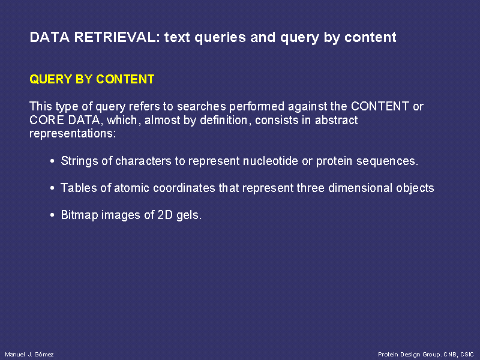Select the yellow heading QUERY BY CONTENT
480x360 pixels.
pos(92,79)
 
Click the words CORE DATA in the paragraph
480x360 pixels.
pos(65,119)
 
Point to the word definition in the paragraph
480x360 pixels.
pos(223,119)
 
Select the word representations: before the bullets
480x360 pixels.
pos(73,134)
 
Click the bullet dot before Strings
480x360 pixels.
pos(52,161)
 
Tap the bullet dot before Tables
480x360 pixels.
pos(52,188)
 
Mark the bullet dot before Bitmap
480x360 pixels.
pos(52,215)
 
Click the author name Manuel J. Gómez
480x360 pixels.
pos(29,354)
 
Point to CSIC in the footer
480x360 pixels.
pos(467,354)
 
